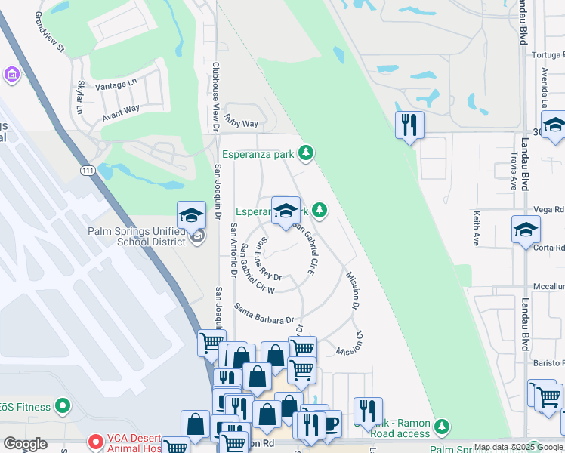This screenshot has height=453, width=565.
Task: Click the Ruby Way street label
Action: pos(241,123)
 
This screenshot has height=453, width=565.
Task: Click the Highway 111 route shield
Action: pos(89,171)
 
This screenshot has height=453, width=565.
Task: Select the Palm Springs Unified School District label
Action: pos(136,236)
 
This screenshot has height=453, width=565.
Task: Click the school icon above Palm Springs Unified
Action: pos(192,216)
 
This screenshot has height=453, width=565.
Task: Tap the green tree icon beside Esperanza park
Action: pos(305,153)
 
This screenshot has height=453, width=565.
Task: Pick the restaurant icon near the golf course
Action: pos(409,125)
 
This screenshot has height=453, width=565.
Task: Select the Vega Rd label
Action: pos(548,209)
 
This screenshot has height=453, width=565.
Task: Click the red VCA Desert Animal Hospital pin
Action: pos(95,441)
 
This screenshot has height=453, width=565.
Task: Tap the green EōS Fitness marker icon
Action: pos(63,407)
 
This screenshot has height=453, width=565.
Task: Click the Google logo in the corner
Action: pos(25,444)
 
